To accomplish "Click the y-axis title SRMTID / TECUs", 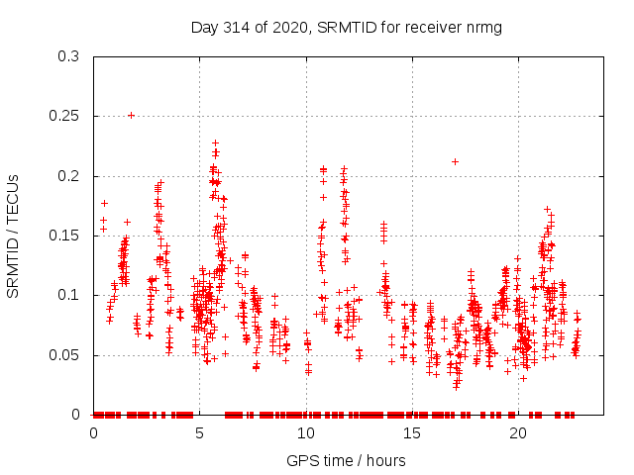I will click(14, 236).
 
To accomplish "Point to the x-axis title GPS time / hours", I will click(347, 460).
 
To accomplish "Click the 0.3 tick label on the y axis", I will click(69, 56).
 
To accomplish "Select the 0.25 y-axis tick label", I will click(65, 116).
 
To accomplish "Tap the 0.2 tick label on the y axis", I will click(69, 176).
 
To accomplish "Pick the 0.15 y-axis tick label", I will click(65, 236).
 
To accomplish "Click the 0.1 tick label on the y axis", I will click(69, 295).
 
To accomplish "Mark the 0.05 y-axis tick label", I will click(65, 354).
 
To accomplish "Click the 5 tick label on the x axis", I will click(200, 433).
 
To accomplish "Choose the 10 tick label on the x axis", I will click(306, 433).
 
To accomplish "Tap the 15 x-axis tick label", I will click(412, 433).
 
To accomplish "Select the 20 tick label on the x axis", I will click(518, 433).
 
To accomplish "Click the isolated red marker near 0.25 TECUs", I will click(131, 115).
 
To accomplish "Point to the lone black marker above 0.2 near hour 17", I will click(455, 161).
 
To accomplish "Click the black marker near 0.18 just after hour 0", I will click(104, 203).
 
